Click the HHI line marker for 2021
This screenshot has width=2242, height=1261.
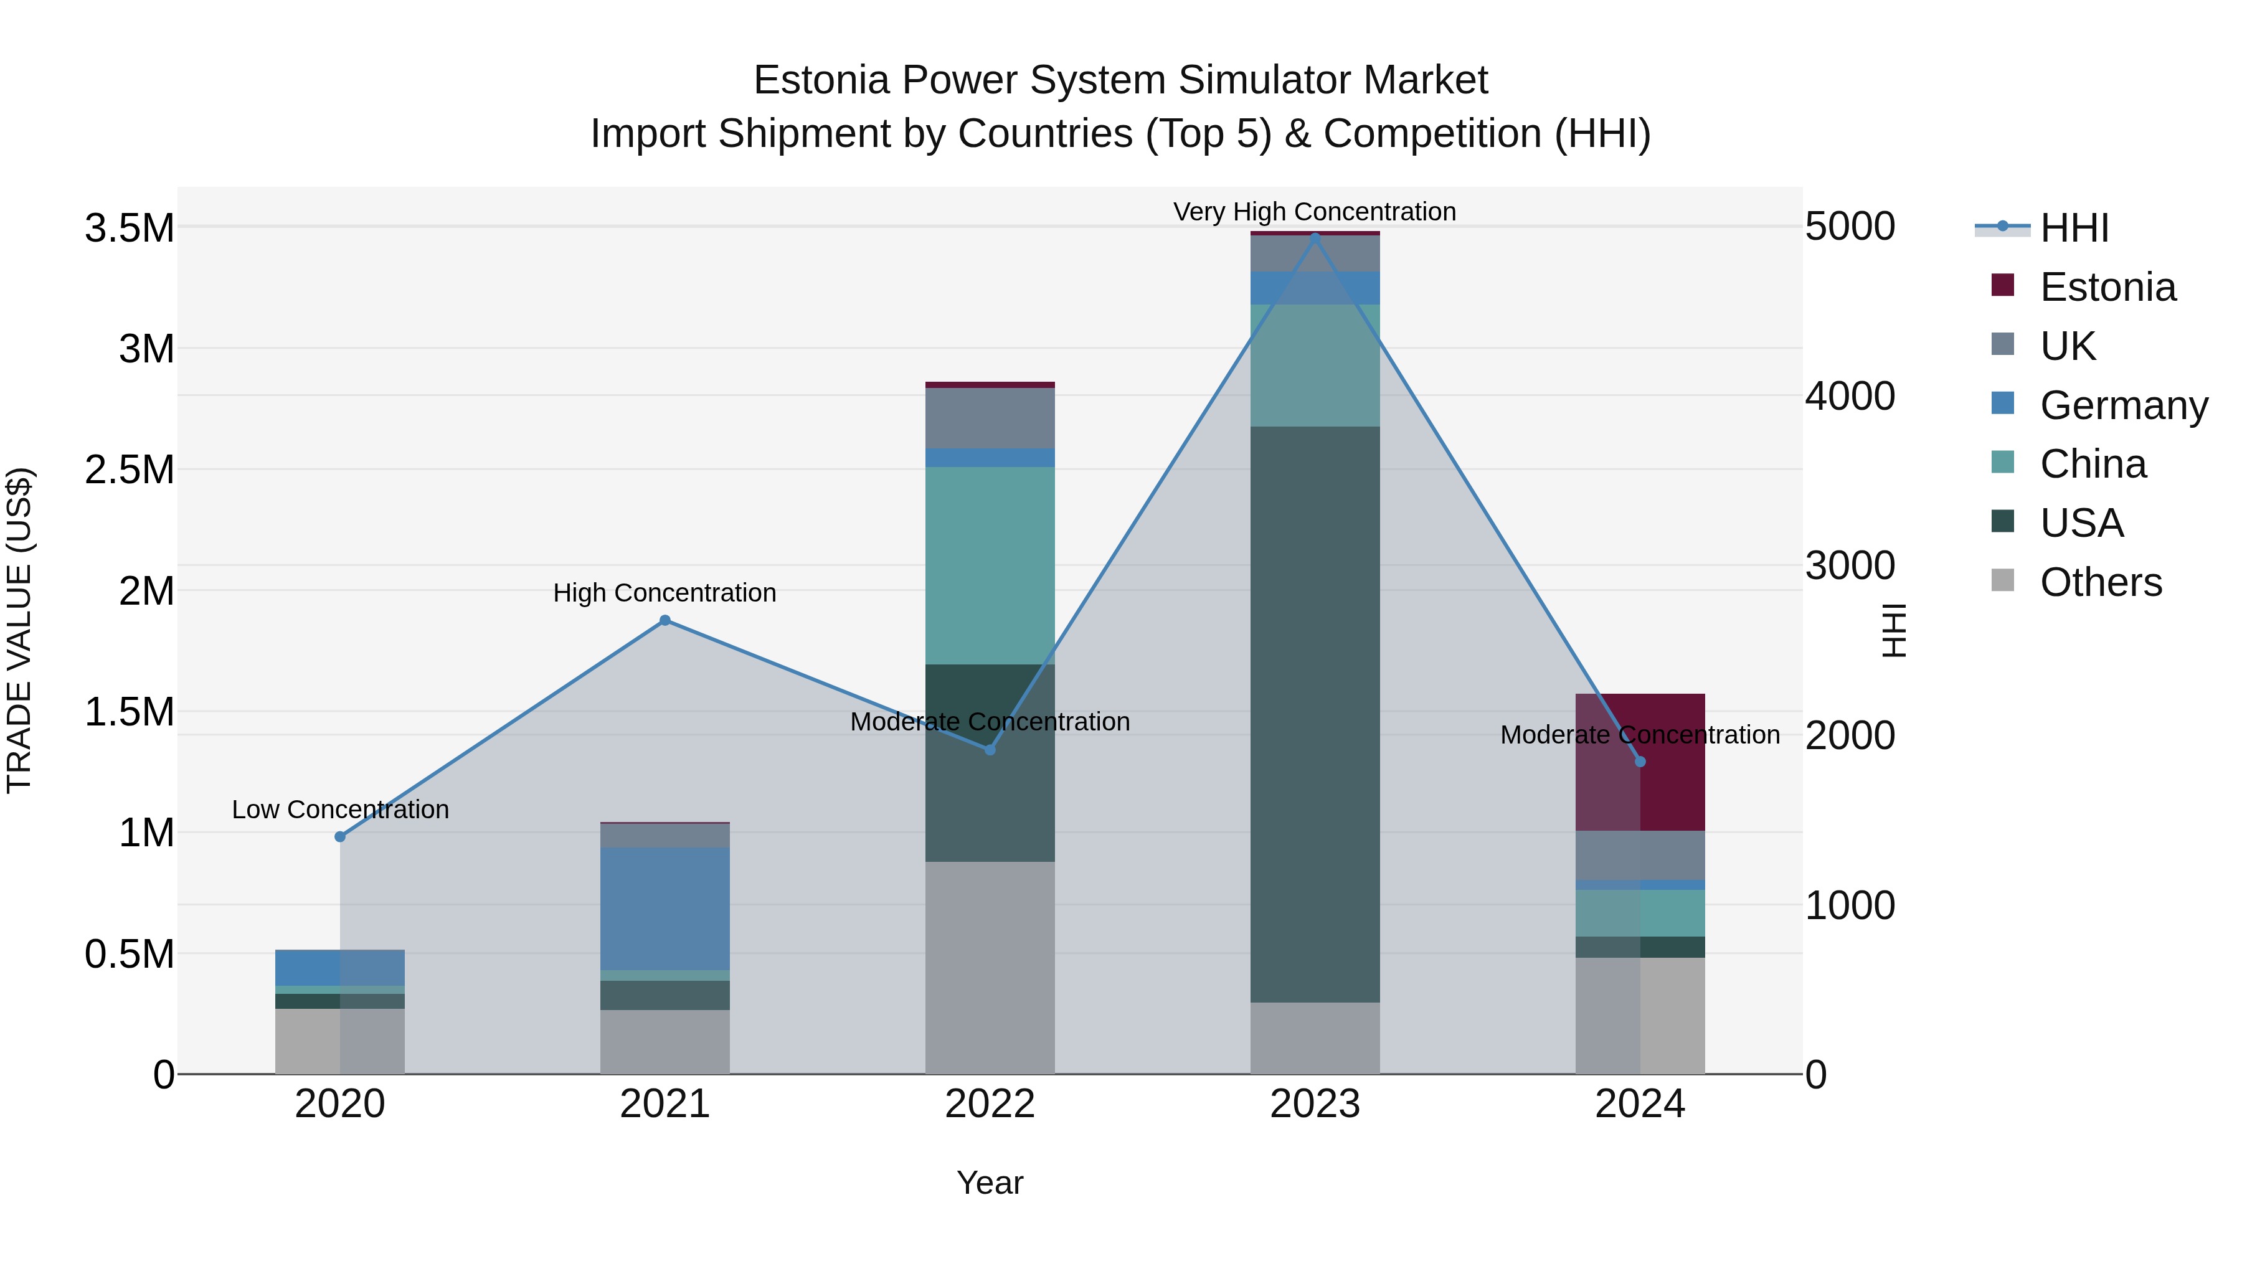pyautogui.click(x=665, y=620)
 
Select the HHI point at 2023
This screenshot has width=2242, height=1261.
pyautogui.click(x=1315, y=236)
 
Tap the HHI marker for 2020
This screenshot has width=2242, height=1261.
pyautogui.click(x=340, y=836)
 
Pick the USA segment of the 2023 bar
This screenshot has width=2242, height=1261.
pyautogui.click(x=1315, y=714)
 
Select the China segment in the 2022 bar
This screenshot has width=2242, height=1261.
pyautogui.click(x=990, y=565)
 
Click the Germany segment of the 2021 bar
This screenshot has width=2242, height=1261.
pyautogui.click(x=665, y=908)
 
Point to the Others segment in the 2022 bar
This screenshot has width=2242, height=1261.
pyautogui.click(x=990, y=966)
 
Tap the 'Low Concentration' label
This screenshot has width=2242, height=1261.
pyautogui.click(x=340, y=810)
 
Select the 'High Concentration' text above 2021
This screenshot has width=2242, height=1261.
pyautogui.click(x=665, y=593)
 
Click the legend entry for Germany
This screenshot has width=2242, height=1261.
pyautogui.click(x=2123, y=405)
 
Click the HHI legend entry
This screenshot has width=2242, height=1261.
pyautogui.click(x=2073, y=228)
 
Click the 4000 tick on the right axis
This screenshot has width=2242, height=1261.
pyautogui.click(x=1850, y=396)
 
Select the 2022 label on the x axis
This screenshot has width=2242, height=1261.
pyautogui.click(x=990, y=1104)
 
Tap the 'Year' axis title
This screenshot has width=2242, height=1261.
pyautogui.click(x=990, y=1183)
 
